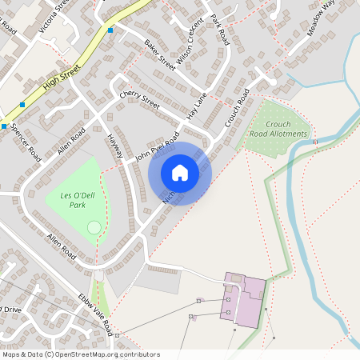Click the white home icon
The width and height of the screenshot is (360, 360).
(180, 173)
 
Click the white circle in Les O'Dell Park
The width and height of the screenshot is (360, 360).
(94, 229)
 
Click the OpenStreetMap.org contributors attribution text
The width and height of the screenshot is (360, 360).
(80, 354)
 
